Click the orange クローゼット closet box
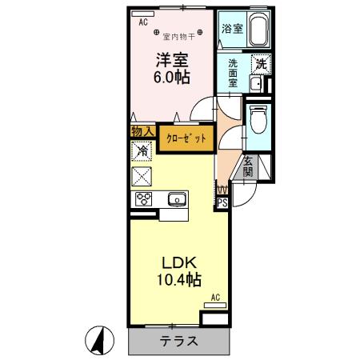186,138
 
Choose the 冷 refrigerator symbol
142,150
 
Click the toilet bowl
258,121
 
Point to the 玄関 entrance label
248,166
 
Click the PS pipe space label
222,203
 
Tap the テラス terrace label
179,341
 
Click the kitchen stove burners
145,199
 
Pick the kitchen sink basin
175,199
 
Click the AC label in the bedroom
143,23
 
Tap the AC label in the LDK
215,298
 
